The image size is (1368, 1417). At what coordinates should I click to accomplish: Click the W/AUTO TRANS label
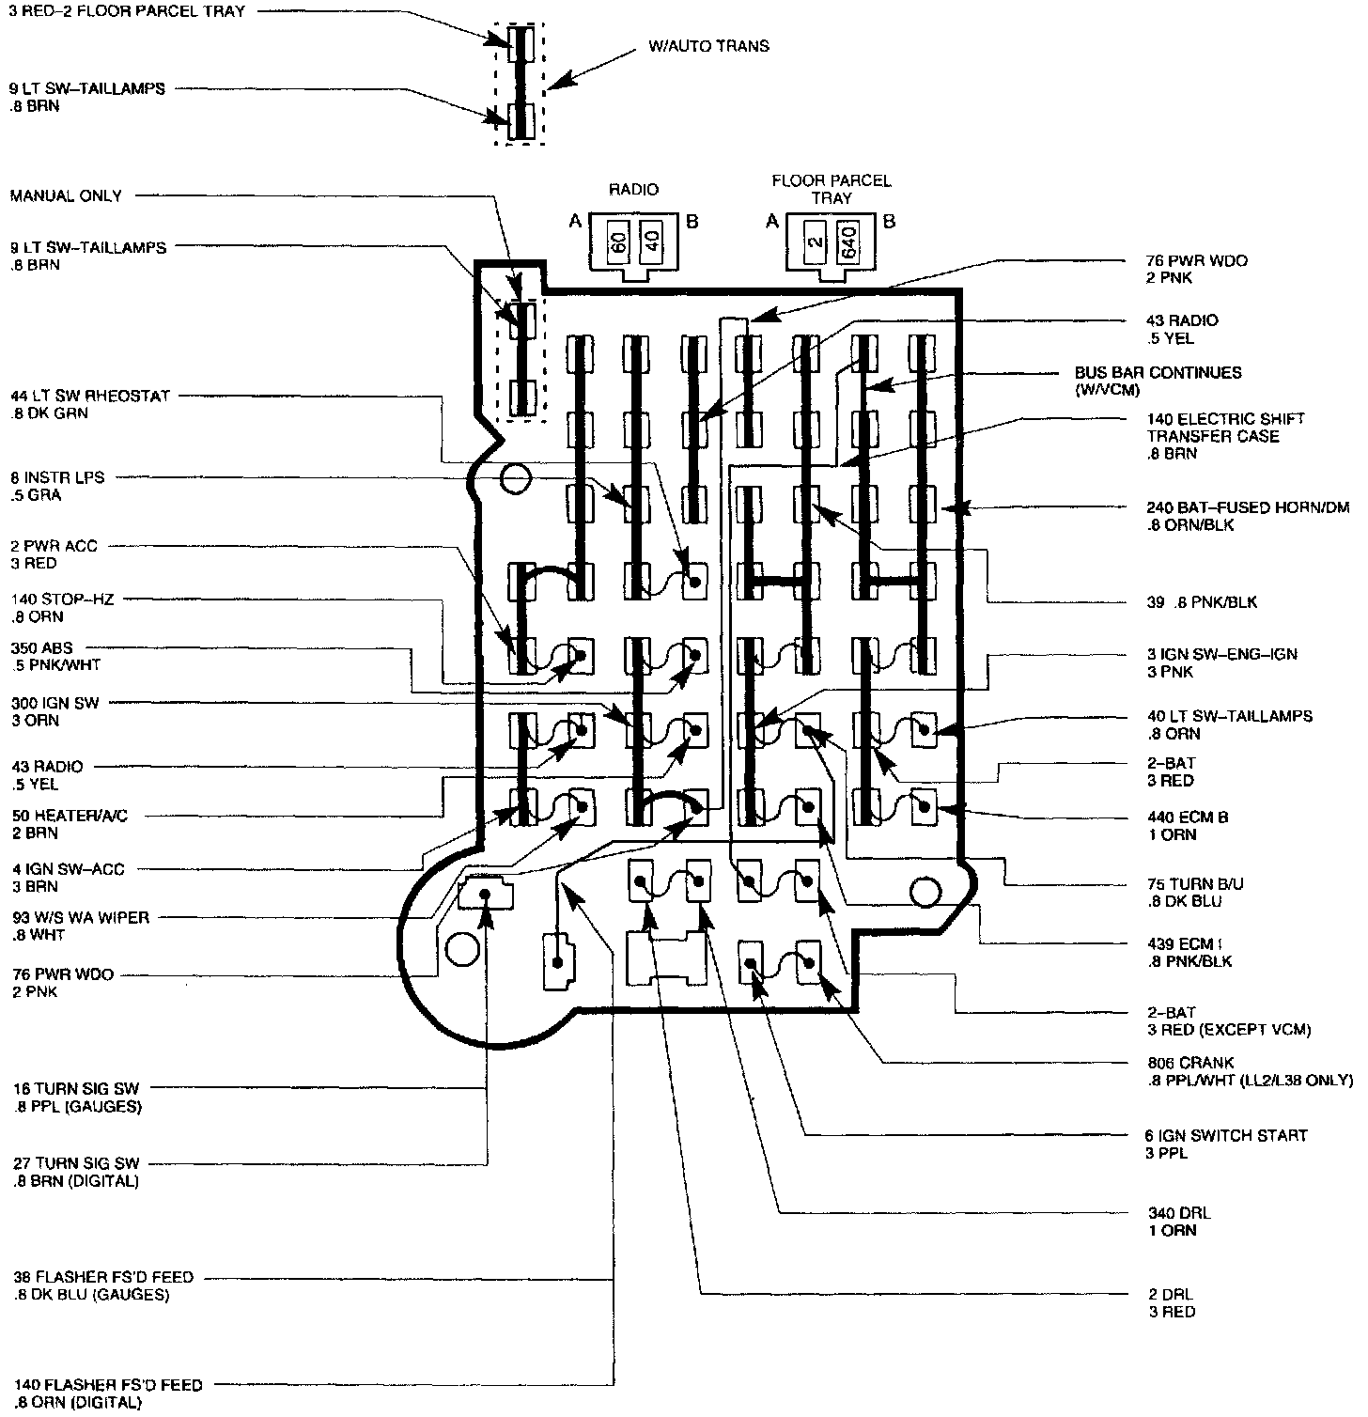[x=708, y=46]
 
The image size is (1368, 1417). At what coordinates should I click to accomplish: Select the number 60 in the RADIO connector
[x=618, y=243]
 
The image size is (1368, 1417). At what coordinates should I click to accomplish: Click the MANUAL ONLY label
[x=66, y=196]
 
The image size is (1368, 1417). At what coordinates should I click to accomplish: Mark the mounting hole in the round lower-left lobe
[x=462, y=949]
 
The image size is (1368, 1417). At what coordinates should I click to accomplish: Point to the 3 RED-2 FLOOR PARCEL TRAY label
[x=126, y=12]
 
